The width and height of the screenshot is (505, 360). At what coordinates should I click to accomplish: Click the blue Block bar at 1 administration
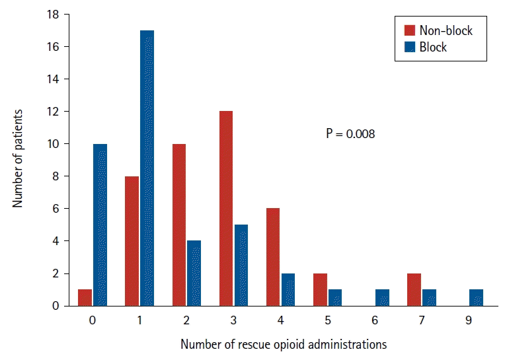click(147, 168)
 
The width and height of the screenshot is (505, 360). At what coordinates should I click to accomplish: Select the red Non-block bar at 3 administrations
click(226, 209)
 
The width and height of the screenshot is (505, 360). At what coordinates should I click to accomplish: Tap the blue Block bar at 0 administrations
click(100, 225)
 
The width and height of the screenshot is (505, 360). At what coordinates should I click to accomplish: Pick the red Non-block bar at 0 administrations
click(85, 298)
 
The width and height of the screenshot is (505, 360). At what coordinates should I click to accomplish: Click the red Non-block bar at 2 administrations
click(179, 225)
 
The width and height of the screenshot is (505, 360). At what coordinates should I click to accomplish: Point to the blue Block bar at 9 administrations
click(477, 298)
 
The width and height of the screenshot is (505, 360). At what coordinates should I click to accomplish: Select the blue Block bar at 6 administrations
click(382, 298)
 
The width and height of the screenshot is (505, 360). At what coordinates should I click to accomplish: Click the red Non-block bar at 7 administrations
click(414, 289)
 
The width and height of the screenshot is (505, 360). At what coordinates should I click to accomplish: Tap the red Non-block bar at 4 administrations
click(273, 257)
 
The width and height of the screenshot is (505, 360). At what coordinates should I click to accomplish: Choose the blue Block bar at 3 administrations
click(241, 265)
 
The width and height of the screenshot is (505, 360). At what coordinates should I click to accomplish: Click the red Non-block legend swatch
click(410, 30)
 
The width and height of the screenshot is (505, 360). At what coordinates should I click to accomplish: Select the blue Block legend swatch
click(410, 47)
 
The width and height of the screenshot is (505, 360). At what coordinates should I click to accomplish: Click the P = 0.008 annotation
click(350, 133)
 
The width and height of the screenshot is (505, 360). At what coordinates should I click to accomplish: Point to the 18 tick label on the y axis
click(53, 15)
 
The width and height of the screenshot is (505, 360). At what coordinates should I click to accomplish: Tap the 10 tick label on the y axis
click(53, 144)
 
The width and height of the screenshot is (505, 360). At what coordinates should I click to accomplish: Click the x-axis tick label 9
click(469, 320)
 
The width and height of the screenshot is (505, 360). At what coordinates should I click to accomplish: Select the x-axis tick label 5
click(328, 320)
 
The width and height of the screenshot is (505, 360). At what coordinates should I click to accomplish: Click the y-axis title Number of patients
click(17, 159)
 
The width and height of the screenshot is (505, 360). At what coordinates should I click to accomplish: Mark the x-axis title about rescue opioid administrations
click(284, 344)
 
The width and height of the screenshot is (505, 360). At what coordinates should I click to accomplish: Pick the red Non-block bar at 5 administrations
click(320, 289)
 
